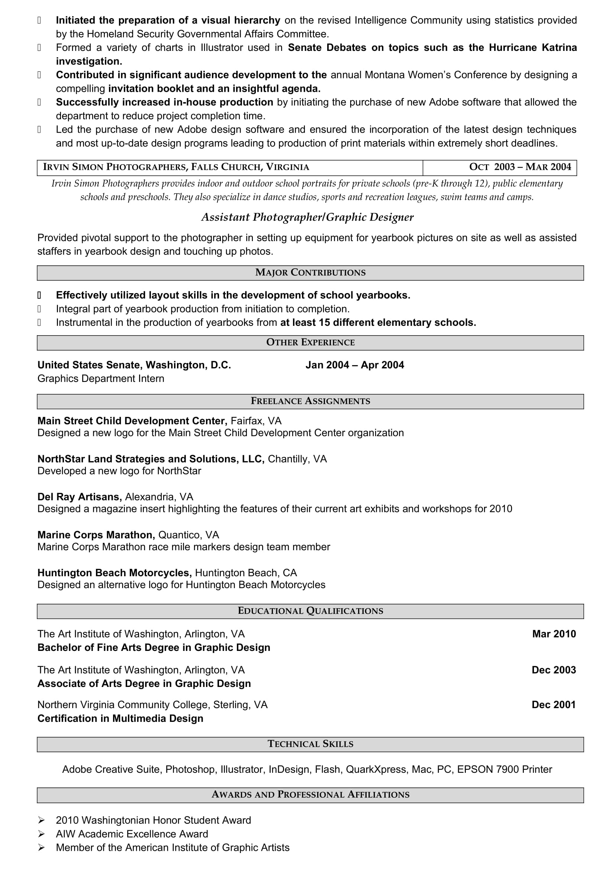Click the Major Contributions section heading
click(x=310, y=272)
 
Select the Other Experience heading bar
click(x=310, y=342)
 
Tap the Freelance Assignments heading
click(x=310, y=401)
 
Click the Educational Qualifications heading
click(x=310, y=610)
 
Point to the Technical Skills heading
click(x=310, y=744)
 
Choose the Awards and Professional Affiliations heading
click(x=310, y=794)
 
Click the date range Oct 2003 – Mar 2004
click(x=519, y=167)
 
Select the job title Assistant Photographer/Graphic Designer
click(x=307, y=217)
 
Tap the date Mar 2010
click(x=554, y=634)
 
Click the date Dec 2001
click(x=553, y=705)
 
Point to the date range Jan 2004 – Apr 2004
click(x=354, y=365)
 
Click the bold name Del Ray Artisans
click(x=80, y=497)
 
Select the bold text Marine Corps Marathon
click(x=96, y=535)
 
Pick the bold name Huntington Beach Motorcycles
click(x=115, y=573)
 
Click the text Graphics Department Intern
click(x=101, y=379)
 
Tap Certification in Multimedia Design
click(x=120, y=719)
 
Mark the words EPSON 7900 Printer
click(x=505, y=769)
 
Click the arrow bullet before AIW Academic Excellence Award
click(x=41, y=834)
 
